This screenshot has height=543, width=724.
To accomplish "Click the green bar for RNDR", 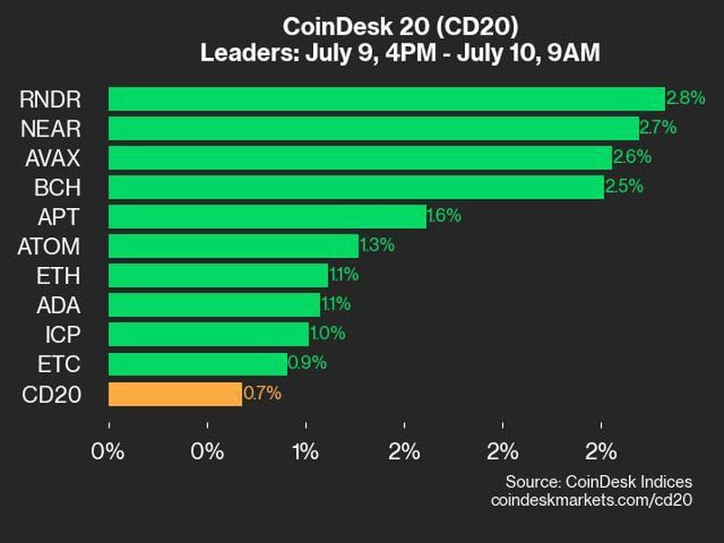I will click(386, 99).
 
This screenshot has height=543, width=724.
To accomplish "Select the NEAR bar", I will click(374, 129).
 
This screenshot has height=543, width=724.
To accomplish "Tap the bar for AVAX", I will click(360, 157).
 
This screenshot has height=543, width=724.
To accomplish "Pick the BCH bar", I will click(356, 187).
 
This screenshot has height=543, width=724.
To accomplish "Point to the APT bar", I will click(267, 216).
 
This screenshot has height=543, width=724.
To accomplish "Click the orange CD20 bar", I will click(175, 394).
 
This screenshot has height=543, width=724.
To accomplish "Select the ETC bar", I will click(197, 364).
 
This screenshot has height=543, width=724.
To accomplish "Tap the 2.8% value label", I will click(684, 98).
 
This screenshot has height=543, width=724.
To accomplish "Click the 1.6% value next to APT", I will click(444, 216).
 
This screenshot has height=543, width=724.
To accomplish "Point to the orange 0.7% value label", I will click(262, 394).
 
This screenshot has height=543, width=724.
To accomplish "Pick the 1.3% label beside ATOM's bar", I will click(377, 246).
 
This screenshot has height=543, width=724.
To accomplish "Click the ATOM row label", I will click(49, 246).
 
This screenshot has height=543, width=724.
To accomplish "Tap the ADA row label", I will click(61, 305).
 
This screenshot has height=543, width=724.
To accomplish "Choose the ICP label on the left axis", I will click(63, 335).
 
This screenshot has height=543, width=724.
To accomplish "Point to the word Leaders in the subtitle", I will click(240, 53).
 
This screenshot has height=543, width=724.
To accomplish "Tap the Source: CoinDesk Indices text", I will click(598, 481).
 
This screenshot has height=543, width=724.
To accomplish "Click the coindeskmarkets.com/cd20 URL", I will click(591, 500).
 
